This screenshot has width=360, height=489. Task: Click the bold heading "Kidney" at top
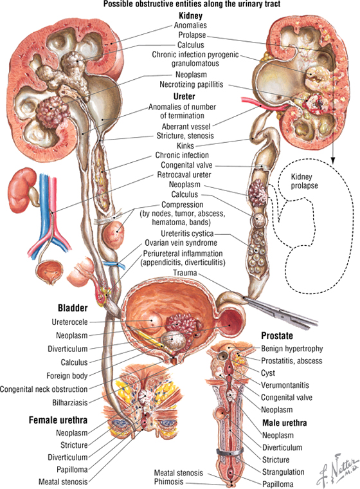coord(190,15)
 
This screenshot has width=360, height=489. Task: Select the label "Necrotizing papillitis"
coord(192,84)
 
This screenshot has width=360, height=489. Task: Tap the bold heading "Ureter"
coord(184,97)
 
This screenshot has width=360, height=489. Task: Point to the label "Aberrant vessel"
coord(186,126)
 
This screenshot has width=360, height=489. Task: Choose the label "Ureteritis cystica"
coord(187,234)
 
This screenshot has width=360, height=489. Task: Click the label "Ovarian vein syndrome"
coord(181,243)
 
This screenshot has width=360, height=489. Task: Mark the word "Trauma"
coord(185,273)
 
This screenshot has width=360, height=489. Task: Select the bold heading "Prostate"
coord(277,336)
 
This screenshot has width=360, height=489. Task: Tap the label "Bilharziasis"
coord(70,403)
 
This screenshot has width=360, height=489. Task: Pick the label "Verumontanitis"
coord(285,385)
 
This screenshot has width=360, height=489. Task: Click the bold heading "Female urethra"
coord(58,420)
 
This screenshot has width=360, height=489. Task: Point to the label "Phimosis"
coord(168,481)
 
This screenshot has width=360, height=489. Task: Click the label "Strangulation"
coord(283,472)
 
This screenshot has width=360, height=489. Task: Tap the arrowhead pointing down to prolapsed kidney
coord(333,161)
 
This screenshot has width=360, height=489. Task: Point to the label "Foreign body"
coord(67,376)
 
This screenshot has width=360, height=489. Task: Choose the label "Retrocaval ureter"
coord(184,174)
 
